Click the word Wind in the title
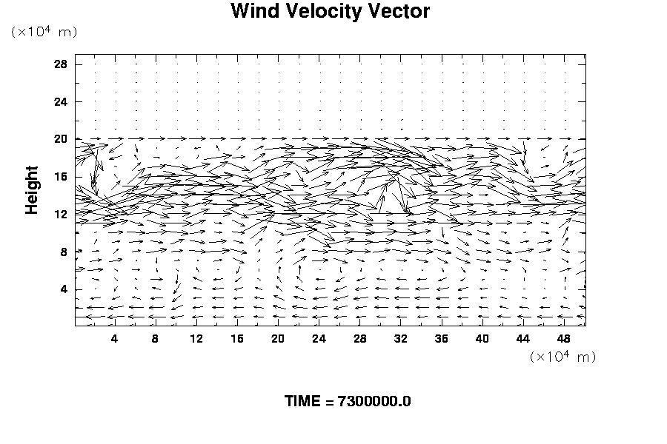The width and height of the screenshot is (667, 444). (253, 12)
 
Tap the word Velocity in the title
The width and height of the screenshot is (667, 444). (323, 12)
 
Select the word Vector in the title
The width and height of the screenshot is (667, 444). (401, 12)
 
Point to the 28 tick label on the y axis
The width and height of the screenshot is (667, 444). (61, 64)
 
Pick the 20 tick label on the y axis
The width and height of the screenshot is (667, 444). (61, 139)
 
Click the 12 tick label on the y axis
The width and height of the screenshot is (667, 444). (61, 214)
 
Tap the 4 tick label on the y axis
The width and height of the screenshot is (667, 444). (64, 289)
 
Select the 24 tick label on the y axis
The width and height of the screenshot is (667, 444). (61, 101)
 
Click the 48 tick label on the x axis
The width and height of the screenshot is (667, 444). (564, 339)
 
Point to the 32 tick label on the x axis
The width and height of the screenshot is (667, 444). (401, 339)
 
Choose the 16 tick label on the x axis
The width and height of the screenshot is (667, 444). (237, 339)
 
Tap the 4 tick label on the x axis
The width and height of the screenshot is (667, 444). (114, 339)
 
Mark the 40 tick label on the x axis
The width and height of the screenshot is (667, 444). (482, 339)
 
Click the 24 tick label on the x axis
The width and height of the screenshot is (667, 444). (319, 339)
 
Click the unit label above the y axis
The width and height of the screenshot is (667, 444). (44, 33)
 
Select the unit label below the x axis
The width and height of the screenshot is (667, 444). (563, 357)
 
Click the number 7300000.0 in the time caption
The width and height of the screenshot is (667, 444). (374, 402)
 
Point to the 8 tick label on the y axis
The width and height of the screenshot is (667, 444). (64, 252)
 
